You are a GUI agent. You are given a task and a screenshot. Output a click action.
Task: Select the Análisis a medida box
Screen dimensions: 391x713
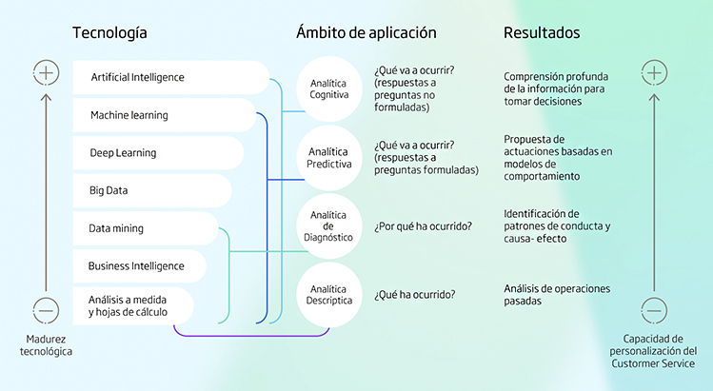tap(132, 305)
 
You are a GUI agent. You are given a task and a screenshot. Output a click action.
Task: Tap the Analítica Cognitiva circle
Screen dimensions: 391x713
tap(329, 89)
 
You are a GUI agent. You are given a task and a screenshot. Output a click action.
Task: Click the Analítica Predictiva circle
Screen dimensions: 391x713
tap(329, 157)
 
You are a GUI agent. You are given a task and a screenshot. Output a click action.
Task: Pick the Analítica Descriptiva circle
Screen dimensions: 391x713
tap(329, 294)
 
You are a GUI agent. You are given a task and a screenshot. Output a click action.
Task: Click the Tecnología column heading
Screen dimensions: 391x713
tap(109, 33)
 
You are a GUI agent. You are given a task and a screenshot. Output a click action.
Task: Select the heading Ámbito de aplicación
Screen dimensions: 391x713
tap(366, 33)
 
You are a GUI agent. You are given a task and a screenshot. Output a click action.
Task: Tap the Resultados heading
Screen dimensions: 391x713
tap(542, 33)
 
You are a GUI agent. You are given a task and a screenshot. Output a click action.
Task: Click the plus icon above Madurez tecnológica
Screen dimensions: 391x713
tap(46, 72)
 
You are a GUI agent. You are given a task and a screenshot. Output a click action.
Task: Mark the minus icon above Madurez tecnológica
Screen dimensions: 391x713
tap(46, 309)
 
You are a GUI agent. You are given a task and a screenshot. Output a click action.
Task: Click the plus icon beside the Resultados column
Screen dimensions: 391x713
tap(653, 72)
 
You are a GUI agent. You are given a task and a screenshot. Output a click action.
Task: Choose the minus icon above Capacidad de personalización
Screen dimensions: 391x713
tap(653, 309)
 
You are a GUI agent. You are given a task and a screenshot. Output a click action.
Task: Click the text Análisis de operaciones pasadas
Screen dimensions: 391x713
tap(557, 294)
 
